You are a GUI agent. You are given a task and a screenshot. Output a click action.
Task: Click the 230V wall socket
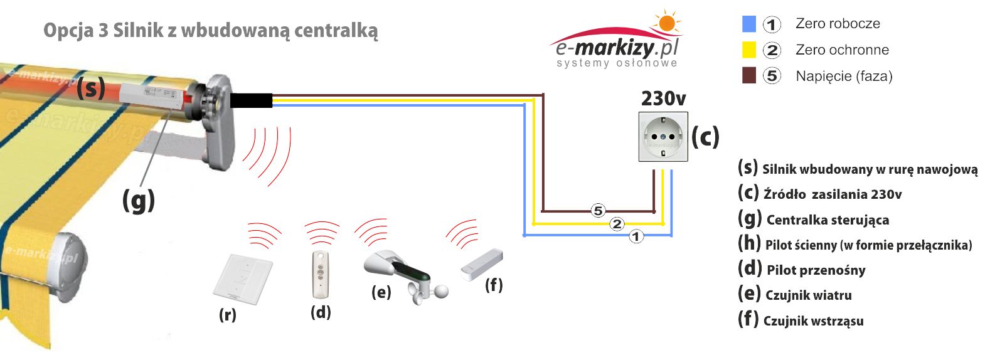[x=663, y=137]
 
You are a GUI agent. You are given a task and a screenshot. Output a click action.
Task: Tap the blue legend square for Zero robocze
[x=748, y=24]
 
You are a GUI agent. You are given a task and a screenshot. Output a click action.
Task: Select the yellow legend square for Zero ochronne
[x=748, y=50]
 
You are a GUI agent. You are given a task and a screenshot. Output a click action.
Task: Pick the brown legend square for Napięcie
[x=748, y=75]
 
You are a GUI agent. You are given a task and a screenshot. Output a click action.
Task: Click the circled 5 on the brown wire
[x=598, y=211]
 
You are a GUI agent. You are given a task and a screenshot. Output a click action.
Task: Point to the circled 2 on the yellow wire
[x=617, y=224]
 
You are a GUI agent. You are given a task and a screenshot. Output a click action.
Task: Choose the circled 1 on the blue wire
[x=636, y=236]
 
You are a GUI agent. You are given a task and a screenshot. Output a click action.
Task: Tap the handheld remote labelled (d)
[x=321, y=274]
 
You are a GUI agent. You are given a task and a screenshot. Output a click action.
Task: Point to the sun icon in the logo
[x=666, y=23]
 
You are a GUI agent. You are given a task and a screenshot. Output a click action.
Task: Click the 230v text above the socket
[x=663, y=98]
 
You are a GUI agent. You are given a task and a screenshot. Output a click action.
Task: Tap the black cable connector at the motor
[x=251, y=101]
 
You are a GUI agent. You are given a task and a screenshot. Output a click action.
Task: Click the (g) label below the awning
[x=138, y=201]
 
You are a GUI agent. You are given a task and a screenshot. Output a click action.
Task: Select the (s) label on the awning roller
[x=90, y=87]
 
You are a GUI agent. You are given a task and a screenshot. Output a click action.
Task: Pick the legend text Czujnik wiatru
[x=808, y=295]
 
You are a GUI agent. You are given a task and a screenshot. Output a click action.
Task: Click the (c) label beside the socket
[x=705, y=136]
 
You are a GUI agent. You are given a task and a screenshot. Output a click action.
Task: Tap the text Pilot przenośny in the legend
[x=816, y=270]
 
